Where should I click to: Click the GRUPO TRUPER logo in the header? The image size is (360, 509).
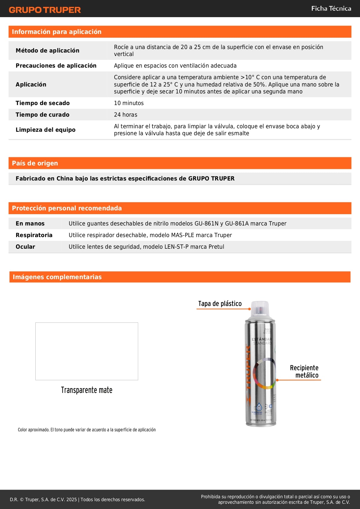[x=45, y=10]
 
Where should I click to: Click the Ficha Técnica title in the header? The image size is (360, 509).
[x=331, y=9]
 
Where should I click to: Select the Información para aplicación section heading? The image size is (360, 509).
[x=57, y=32]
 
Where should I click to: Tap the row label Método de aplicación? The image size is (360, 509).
[x=47, y=50]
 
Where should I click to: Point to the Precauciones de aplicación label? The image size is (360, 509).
[x=56, y=66]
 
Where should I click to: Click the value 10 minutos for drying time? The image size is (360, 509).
[x=129, y=103]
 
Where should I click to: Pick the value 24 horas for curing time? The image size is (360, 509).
[x=126, y=115]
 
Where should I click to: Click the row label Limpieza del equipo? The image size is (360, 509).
[x=46, y=130]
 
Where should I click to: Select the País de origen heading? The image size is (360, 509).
[x=35, y=163]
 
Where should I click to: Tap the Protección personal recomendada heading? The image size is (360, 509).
[x=67, y=208]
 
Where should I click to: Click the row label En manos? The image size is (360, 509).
[x=30, y=223]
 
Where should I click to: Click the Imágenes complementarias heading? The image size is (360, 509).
[x=57, y=277]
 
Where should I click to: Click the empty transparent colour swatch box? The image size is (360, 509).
[x=87, y=351]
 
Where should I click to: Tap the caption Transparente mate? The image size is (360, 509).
[x=86, y=390]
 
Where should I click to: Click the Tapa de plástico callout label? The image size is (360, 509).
[x=220, y=304]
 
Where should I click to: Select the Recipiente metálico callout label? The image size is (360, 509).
[x=304, y=371]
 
